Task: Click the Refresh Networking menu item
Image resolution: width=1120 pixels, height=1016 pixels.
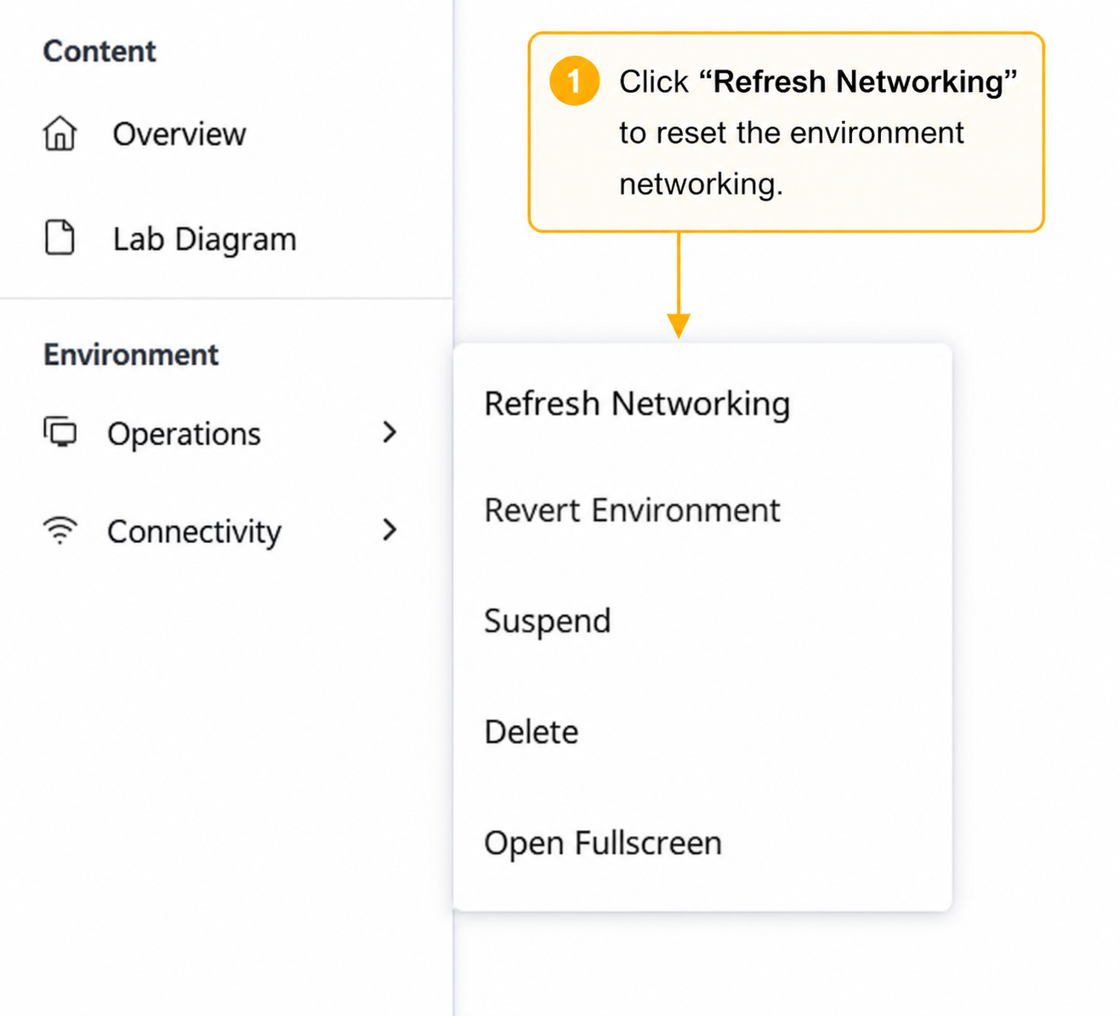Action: (x=637, y=404)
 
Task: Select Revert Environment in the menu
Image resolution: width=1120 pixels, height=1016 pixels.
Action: (x=632, y=511)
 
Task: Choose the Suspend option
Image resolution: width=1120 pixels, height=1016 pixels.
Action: (x=547, y=621)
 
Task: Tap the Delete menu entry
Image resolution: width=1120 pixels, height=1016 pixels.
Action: (x=531, y=732)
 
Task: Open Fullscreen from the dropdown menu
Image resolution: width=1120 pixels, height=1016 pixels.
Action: (x=603, y=842)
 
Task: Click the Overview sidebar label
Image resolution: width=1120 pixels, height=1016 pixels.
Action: (x=179, y=134)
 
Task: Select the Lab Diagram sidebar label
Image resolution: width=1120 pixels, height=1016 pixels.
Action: (x=204, y=240)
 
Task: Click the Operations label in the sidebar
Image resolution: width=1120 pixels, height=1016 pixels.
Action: (x=184, y=434)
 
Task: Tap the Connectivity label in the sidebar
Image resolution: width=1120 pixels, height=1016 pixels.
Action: (x=194, y=532)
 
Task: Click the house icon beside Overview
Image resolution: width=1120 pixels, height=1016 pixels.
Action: (x=60, y=134)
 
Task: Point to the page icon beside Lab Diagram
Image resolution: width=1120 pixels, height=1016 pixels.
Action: (x=60, y=237)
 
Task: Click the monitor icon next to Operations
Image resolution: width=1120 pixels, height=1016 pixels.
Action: (x=60, y=432)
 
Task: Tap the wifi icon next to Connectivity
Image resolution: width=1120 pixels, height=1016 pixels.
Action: (x=60, y=530)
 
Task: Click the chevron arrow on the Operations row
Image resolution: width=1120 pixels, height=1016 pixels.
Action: (x=389, y=432)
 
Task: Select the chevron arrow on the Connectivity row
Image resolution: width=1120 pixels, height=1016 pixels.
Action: (x=389, y=529)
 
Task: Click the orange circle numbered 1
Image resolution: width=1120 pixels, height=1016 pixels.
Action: (x=575, y=81)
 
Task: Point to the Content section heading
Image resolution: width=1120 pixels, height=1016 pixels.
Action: (x=99, y=51)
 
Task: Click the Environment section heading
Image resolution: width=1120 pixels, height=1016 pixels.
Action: (x=131, y=355)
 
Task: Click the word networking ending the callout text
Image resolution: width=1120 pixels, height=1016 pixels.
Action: (x=702, y=184)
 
